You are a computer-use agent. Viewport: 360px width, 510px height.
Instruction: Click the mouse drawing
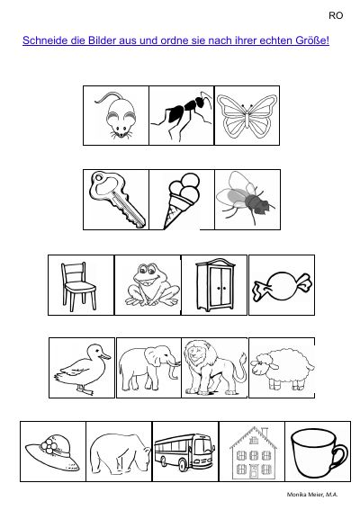(119, 116)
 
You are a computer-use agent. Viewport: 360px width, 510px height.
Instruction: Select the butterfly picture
(247, 115)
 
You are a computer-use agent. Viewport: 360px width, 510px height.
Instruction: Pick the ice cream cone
(182, 201)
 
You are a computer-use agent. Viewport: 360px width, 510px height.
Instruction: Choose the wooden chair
(79, 286)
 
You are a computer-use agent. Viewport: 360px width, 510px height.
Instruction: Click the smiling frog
(152, 285)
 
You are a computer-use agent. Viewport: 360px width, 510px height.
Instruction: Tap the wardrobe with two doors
(215, 284)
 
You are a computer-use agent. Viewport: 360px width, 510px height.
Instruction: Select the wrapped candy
(282, 287)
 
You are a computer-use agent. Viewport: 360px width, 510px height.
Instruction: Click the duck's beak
(105, 356)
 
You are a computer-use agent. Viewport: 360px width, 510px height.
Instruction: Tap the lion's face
(194, 353)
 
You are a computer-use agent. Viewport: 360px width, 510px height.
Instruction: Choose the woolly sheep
(283, 369)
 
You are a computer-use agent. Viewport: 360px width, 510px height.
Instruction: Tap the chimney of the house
(265, 434)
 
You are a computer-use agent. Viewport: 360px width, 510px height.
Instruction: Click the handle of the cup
(341, 452)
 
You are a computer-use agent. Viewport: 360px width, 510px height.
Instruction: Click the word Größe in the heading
(312, 40)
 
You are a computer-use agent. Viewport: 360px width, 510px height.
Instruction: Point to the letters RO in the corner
(336, 15)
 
